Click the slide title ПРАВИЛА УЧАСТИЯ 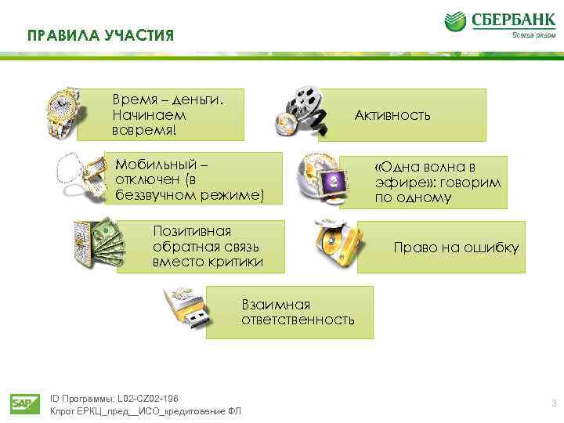tap(99, 36)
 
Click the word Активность tap(392, 115)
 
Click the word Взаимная tap(276, 304)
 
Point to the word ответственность tap(298, 320)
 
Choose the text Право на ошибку tap(455, 248)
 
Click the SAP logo tap(21, 404)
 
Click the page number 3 tap(554, 404)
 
